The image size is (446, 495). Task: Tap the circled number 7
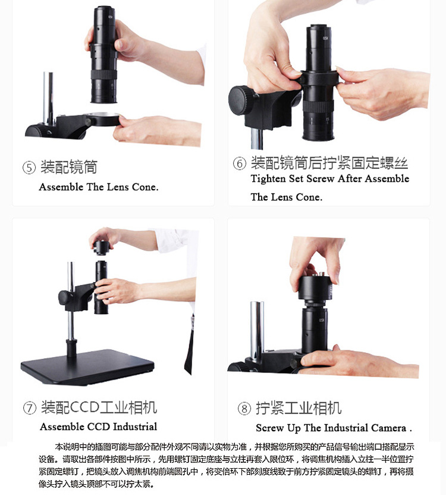point(30,408)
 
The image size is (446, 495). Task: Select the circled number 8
point(244,409)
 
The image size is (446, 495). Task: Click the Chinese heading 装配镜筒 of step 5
point(68,167)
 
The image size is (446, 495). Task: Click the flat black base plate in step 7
point(87,366)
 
